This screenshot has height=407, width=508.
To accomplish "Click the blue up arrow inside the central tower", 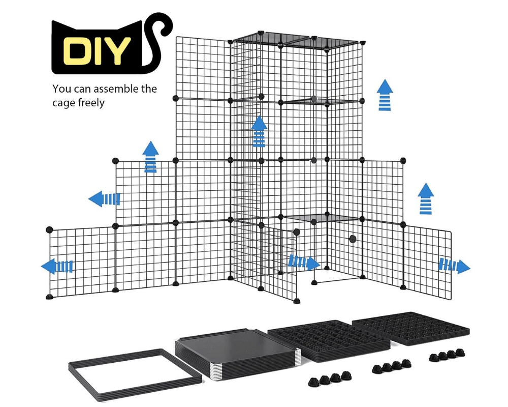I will click(x=260, y=131).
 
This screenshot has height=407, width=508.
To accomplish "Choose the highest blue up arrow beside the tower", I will click(x=385, y=95).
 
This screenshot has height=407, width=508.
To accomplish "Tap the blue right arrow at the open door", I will click(x=304, y=263).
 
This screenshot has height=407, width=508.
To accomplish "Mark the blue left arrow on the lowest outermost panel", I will click(x=57, y=266).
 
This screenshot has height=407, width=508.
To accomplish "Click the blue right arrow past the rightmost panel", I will click(x=454, y=266).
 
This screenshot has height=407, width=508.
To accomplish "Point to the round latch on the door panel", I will click(x=352, y=239).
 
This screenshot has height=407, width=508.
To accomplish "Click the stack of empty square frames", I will click(x=135, y=367).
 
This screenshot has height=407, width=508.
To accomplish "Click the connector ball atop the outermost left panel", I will click(x=49, y=230).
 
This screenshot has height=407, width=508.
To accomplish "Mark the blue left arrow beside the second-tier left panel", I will click(x=104, y=199).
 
